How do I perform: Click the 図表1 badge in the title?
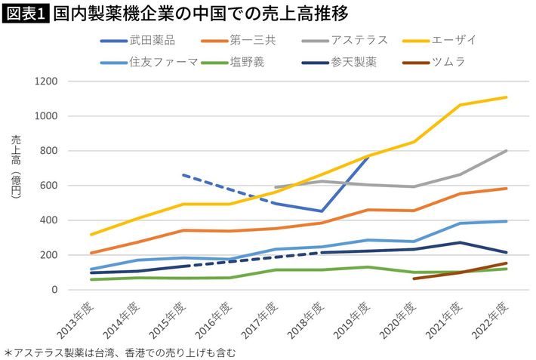tap(25, 14)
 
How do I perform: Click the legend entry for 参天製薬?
tap(352, 61)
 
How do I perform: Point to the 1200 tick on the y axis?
tap(47, 82)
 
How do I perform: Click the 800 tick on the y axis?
tap(50, 151)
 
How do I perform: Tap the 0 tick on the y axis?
tap(55, 290)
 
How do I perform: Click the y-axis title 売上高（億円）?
tap(16, 168)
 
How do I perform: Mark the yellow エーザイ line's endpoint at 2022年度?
tap(507, 97)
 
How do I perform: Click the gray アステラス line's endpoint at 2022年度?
tap(507, 151)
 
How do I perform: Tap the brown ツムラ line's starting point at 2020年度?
tap(414, 278)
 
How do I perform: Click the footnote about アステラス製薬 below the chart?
tap(121, 352)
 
